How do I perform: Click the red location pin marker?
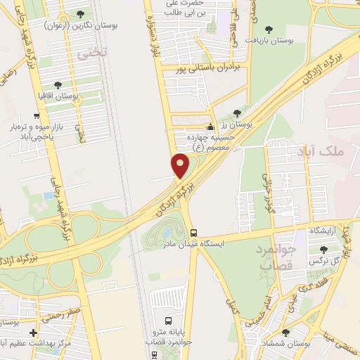tap(181, 165)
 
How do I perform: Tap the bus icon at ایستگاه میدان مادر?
tap(193, 233)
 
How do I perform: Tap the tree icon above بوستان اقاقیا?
tap(57, 85)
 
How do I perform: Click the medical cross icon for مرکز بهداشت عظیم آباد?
tap(33, 333)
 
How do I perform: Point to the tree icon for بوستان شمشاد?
tap(285, 333)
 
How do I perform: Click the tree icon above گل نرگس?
tap(323, 250)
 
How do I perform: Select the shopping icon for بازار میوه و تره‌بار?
tap(35, 117)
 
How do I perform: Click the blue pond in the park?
tap(167, 232)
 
